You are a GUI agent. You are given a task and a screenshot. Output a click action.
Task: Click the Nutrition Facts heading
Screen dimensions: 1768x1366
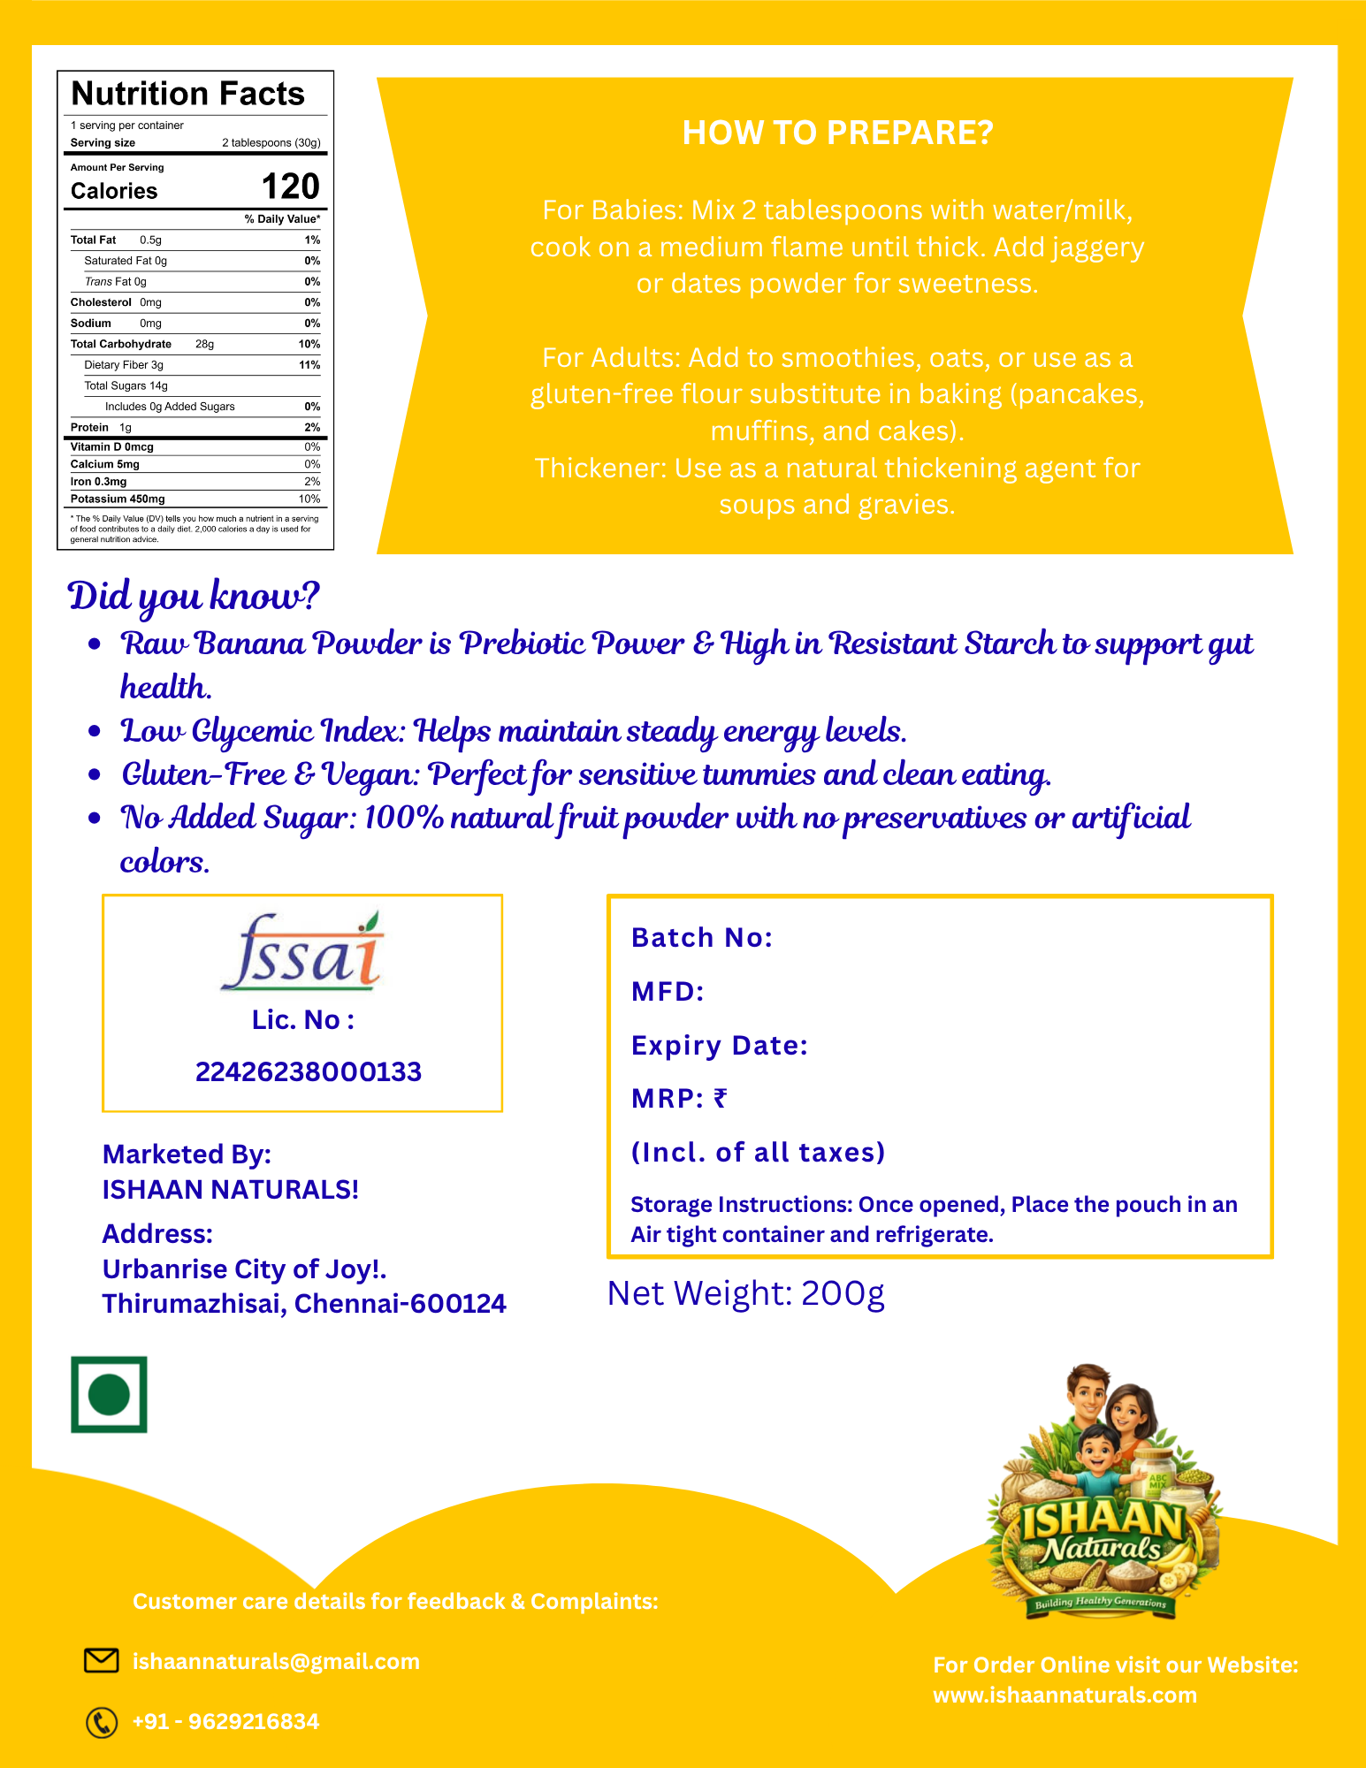(187, 94)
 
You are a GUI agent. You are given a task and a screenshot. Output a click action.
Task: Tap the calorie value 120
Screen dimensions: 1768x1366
(290, 187)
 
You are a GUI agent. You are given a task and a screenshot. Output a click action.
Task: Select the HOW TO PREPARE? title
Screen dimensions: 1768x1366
(837, 133)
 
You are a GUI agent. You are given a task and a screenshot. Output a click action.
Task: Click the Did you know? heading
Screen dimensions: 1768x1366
(193, 597)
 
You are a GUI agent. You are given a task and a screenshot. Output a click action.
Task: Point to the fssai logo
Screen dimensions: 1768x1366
(302, 953)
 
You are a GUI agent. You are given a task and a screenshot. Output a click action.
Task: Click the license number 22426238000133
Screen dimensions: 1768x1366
(308, 1071)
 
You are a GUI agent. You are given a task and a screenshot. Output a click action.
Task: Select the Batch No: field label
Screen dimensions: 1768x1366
(702, 937)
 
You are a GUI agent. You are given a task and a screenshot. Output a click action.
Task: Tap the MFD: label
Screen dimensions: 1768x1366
(668, 991)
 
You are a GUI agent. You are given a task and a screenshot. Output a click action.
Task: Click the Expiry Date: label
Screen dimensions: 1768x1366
(720, 1045)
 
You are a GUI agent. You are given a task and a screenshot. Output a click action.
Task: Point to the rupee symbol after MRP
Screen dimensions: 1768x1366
(721, 1098)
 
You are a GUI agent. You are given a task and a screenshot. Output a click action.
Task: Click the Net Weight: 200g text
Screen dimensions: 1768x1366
(745, 1293)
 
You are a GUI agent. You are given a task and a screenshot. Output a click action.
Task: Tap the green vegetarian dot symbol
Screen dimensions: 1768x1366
(109, 1394)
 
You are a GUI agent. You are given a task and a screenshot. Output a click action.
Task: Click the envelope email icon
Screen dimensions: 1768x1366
(101, 1660)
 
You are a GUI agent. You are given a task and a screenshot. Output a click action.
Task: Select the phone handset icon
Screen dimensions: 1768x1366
(101, 1722)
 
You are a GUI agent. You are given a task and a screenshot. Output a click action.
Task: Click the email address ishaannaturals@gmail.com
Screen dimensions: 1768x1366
(276, 1661)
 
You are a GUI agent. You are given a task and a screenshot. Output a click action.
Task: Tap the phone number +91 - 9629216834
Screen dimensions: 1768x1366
(225, 1721)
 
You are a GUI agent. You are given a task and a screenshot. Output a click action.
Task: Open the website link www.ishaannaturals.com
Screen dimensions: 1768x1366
(1065, 1695)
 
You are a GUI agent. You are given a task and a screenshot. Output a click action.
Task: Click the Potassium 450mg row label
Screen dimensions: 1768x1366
(118, 499)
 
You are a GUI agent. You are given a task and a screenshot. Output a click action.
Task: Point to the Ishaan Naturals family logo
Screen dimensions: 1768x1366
(1103, 1494)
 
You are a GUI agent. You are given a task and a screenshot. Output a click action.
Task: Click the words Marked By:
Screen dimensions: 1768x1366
(187, 1154)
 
